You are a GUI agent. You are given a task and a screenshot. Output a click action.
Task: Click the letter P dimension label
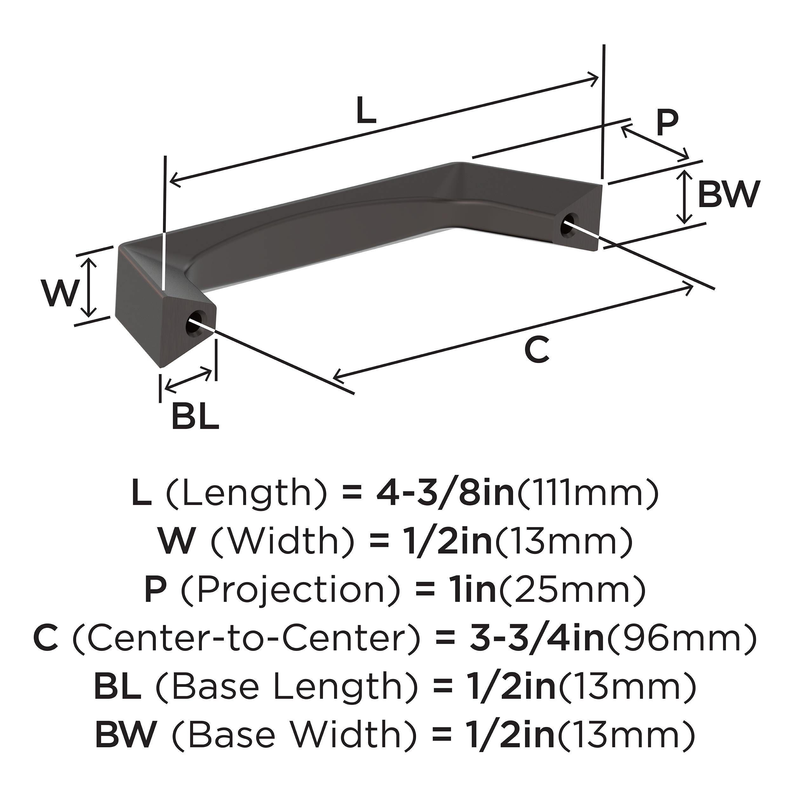click(x=666, y=123)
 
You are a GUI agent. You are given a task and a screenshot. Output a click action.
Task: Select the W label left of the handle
click(x=60, y=293)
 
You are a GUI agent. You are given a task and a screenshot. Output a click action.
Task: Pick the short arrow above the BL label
click(x=188, y=379)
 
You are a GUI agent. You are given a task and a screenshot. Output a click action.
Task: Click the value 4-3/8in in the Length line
click(x=445, y=495)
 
